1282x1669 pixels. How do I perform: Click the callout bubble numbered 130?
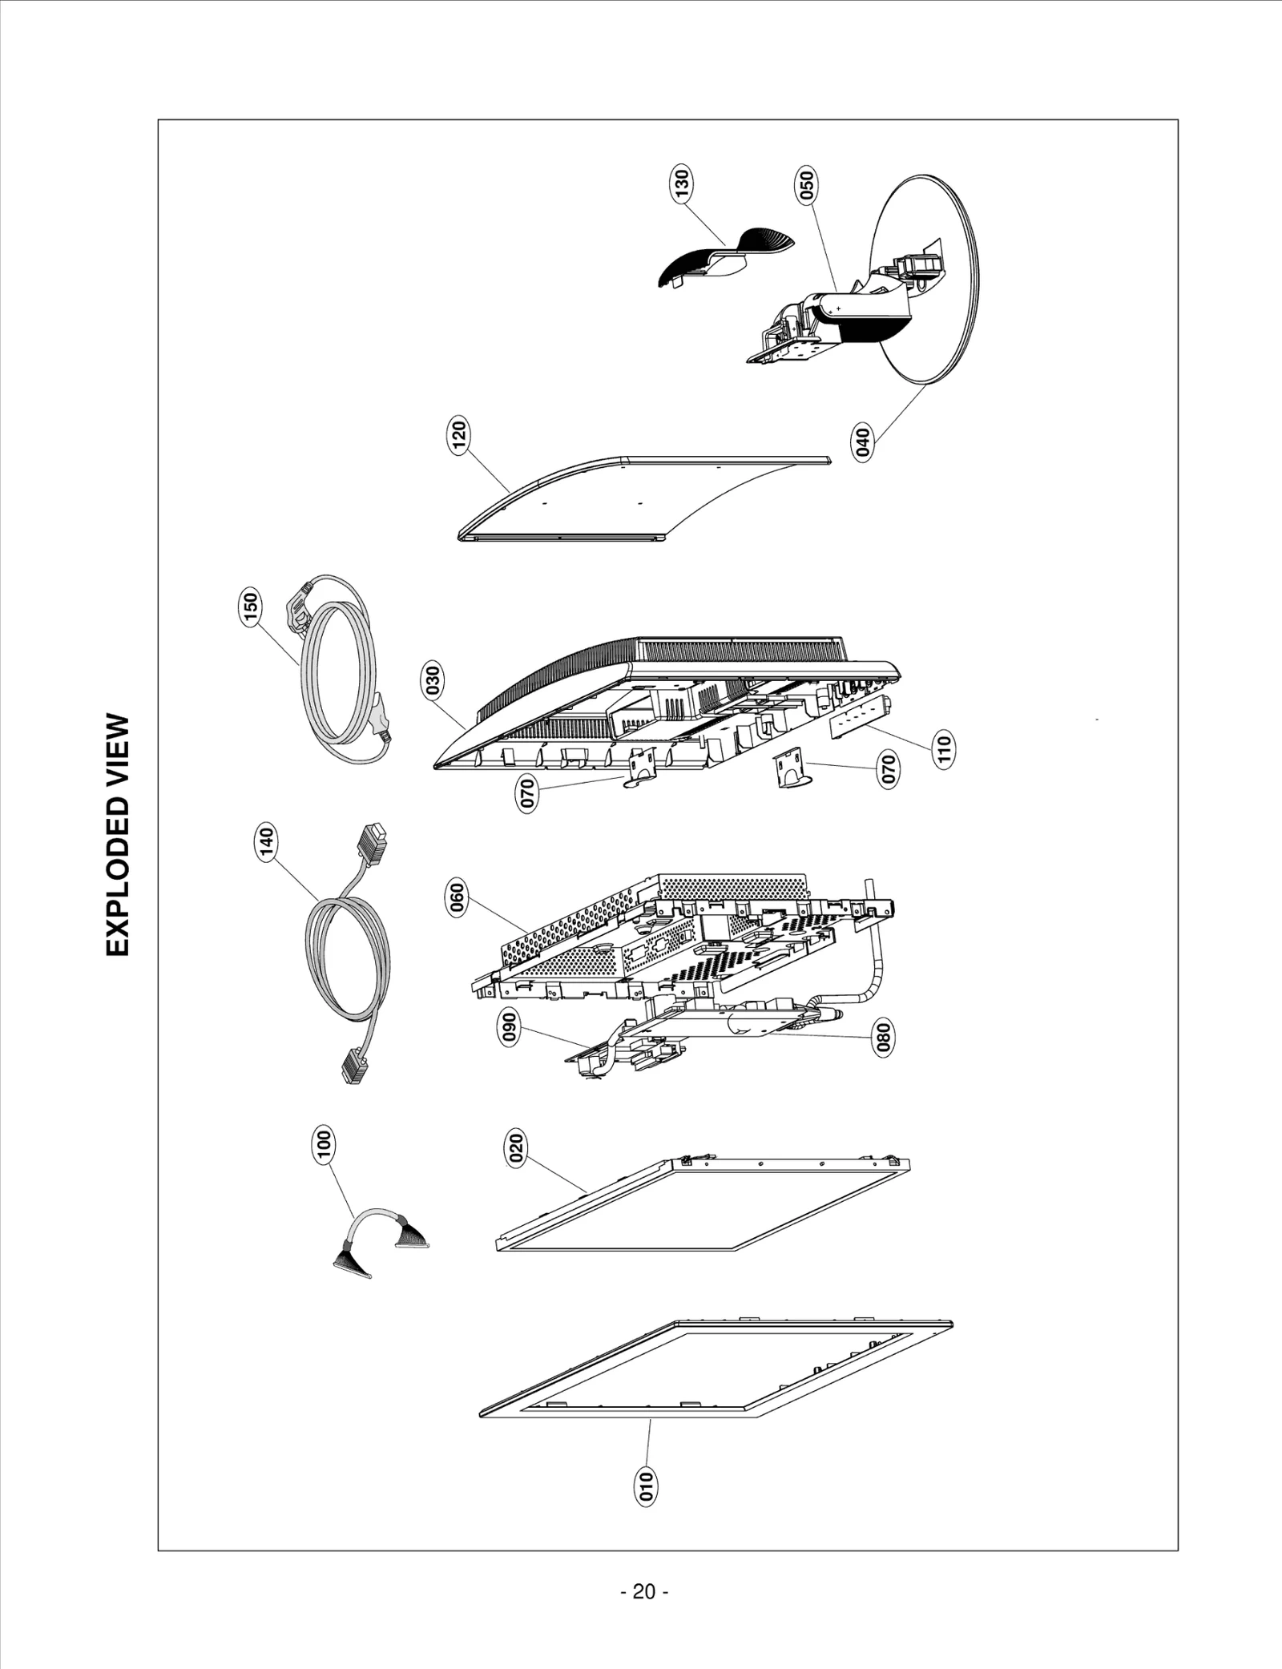(x=682, y=183)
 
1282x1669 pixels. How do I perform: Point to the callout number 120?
(x=459, y=435)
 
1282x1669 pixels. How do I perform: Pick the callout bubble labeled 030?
(x=433, y=681)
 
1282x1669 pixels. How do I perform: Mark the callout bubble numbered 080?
(x=883, y=1037)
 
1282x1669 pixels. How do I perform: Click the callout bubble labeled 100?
(x=324, y=1145)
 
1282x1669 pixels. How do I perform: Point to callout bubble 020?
(x=517, y=1147)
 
